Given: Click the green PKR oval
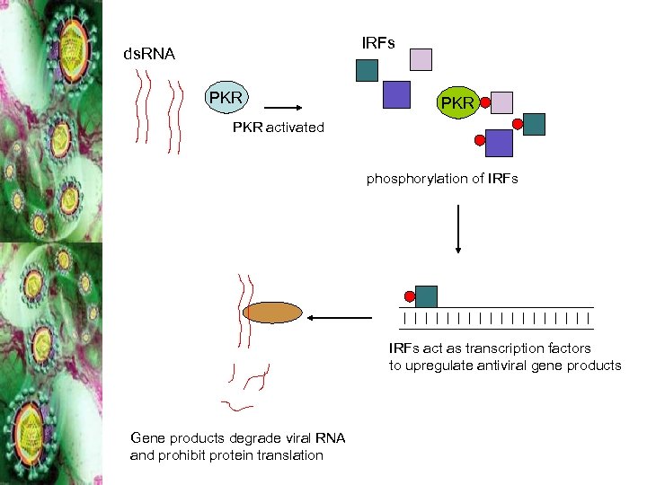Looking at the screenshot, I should coord(456,103).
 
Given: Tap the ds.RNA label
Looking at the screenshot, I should coord(149,55).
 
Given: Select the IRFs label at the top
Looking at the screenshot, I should coord(377,43).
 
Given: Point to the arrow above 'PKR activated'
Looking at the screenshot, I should coord(281,104).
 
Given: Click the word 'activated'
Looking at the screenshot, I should coord(295,128).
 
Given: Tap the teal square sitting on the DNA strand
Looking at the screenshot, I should coord(426,296).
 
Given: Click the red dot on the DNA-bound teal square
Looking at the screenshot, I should coord(410,296).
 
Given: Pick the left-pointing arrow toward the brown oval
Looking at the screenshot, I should coord(340,317).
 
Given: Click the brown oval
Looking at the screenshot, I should coord(272,313).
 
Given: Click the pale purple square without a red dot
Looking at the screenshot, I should coord(421,59).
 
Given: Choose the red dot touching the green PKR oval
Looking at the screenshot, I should coord(485,102).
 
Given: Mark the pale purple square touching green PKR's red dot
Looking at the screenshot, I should coord(502,101).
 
